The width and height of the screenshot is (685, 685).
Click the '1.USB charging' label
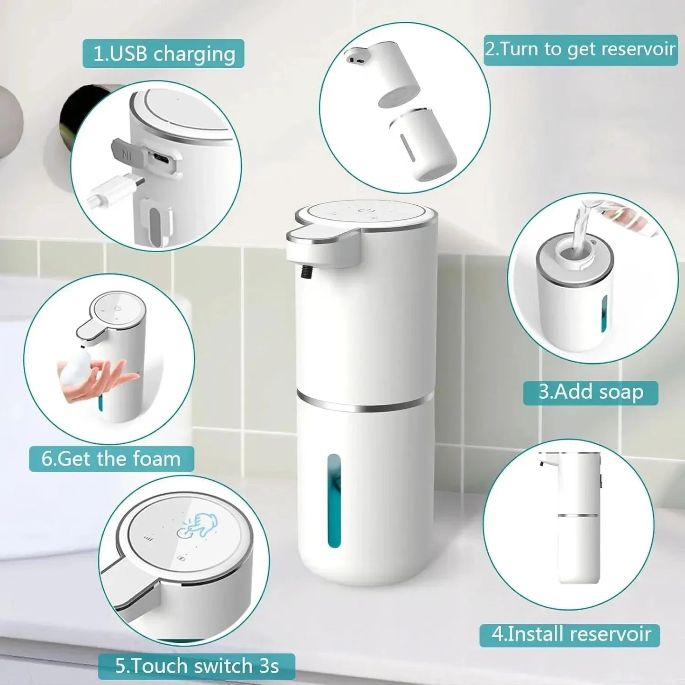[164, 54]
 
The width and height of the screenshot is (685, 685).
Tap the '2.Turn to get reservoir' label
[580, 49]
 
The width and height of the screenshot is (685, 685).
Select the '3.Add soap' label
[591, 393]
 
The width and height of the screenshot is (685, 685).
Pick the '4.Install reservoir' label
[570, 634]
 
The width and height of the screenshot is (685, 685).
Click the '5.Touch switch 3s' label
[197, 666]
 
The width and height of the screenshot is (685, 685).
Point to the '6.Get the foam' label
[111, 459]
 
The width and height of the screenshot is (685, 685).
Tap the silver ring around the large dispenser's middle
[365, 401]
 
